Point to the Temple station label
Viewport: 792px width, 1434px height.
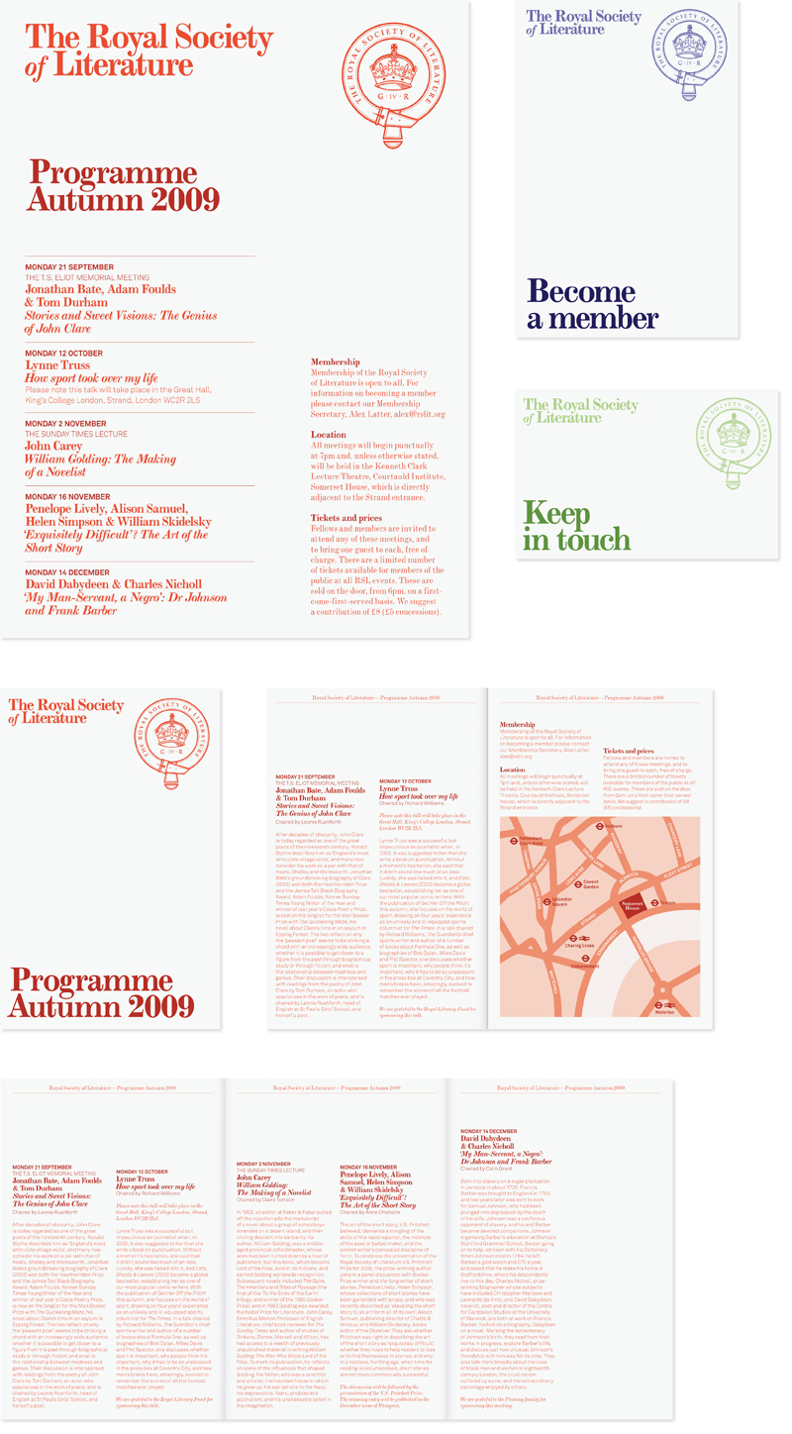(x=667, y=903)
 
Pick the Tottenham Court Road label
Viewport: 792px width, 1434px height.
(x=531, y=840)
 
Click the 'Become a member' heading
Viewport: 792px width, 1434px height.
(x=580, y=304)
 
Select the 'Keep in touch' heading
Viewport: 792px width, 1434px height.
(x=576, y=527)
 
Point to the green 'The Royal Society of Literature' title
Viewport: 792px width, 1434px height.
(x=580, y=410)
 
